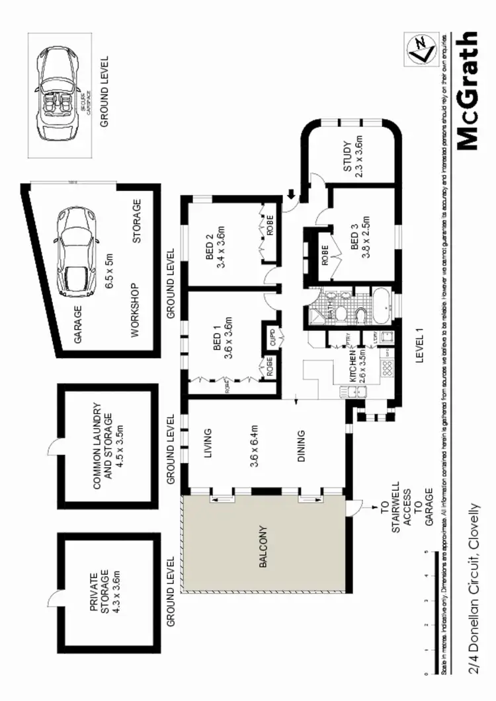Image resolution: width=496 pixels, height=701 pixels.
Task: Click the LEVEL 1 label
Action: tap(419, 348)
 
